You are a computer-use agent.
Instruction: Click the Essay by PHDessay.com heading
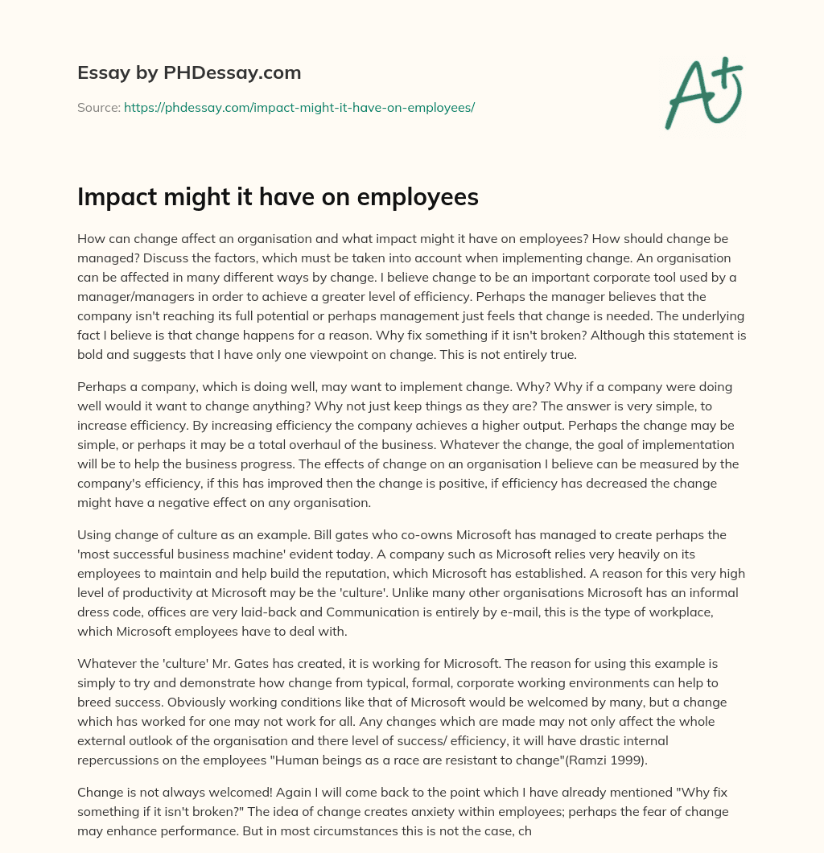pos(189,73)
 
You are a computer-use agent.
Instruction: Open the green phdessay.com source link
pos(299,107)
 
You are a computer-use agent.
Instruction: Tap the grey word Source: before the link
pos(99,107)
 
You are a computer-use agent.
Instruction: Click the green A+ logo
pos(703,93)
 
